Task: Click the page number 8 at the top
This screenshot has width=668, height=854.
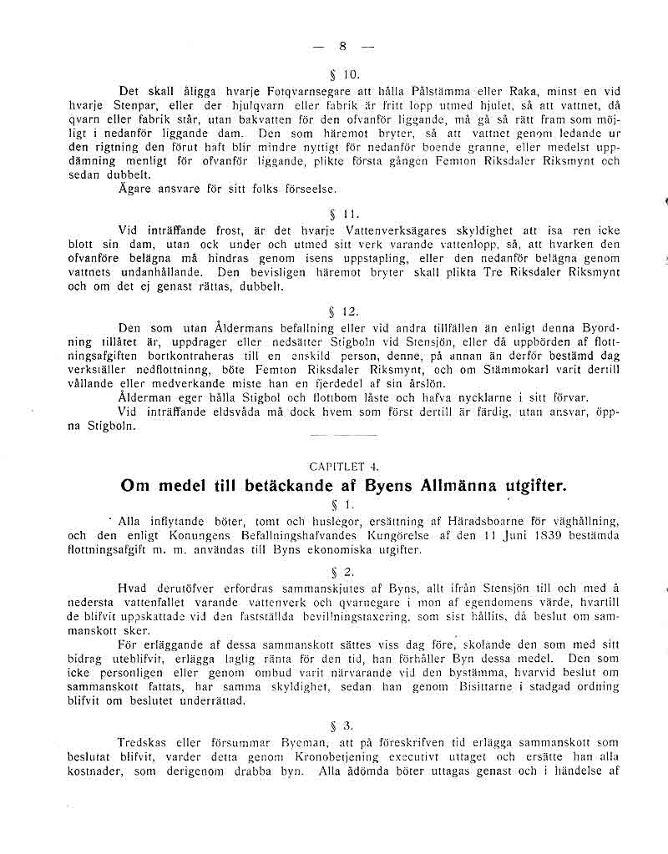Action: [342, 47]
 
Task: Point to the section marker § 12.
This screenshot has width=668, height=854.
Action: [343, 311]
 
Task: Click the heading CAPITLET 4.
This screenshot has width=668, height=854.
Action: [343, 467]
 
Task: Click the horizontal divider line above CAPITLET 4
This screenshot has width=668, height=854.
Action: [331, 436]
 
